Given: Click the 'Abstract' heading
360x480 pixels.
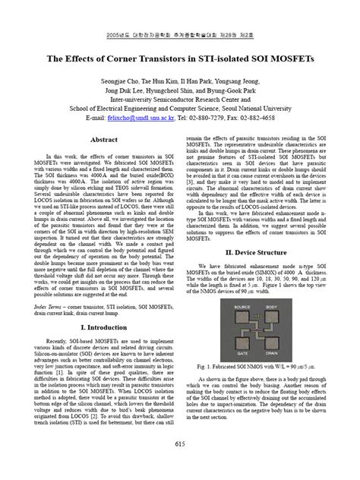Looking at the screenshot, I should pos(103,141).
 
